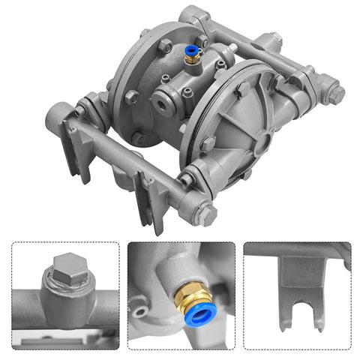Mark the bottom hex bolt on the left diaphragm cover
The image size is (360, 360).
point(139,137)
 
